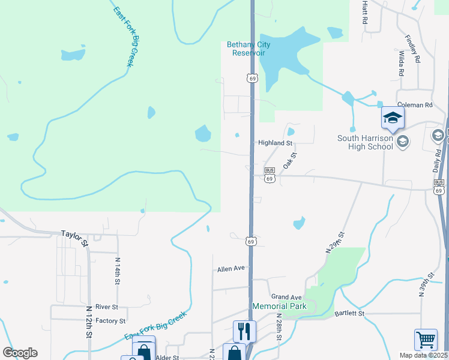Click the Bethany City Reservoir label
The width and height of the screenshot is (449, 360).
(249, 49)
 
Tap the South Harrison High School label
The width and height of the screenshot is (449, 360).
(364, 142)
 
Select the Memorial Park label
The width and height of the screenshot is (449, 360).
(279, 306)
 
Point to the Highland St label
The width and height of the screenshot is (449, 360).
(275, 143)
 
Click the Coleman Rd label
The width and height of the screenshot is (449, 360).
(414, 105)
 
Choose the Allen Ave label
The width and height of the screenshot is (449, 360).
(232, 269)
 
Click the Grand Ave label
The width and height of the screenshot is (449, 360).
(286, 297)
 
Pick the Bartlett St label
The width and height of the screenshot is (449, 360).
(350, 313)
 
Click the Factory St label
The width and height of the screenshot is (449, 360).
(110, 322)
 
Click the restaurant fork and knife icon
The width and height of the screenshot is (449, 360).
(244, 331)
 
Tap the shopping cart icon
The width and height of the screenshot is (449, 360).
(426, 339)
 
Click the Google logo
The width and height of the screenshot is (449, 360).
(20, 353)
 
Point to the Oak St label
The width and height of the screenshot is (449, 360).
(290, 160)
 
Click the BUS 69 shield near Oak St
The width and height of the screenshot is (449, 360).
(270, 175)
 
